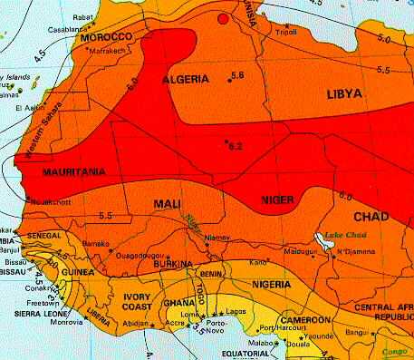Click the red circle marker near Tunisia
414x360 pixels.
[x=223, y=19]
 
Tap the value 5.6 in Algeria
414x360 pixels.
[x=238, y=74]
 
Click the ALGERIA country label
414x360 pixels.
[x=186, y=81]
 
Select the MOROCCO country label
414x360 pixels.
[x=107, y=39]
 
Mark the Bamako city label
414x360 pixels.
[x=95, y=245]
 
